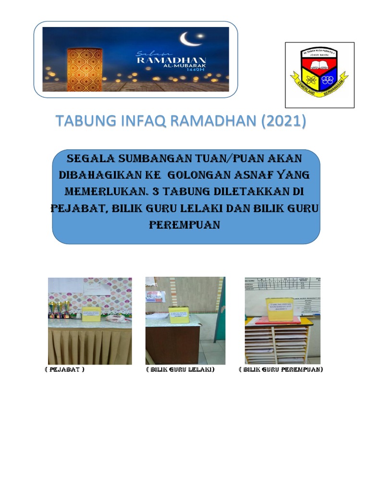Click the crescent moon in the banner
[187, 38]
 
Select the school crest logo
[320, 75]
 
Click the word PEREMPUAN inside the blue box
[185, 225]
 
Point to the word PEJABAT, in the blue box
[77, 208]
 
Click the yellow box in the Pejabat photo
[91, 313]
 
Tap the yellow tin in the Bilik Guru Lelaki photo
[179, 314]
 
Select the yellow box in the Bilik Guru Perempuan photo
[280, 308]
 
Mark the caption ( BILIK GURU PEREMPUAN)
[281, 370]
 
